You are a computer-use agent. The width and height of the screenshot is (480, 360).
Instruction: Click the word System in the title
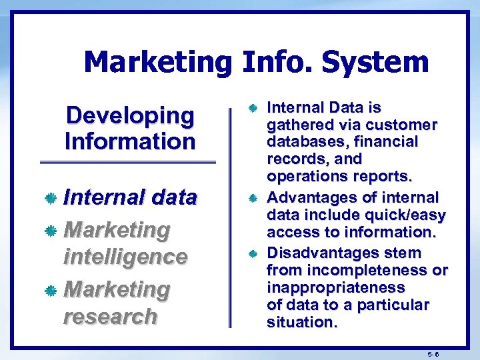[375, 62]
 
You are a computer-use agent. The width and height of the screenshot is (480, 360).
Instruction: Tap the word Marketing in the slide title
[158, 62]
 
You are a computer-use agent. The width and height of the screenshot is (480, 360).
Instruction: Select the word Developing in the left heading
[130, 115]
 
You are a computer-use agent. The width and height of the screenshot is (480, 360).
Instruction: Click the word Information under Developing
[130, 141]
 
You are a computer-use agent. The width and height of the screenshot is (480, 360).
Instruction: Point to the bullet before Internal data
[50, 198]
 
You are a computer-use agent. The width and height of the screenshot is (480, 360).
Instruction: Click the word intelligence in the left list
[125, 257]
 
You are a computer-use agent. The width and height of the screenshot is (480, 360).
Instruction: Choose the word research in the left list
[110, 316]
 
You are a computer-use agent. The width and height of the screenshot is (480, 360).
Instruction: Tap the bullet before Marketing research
[50, 291]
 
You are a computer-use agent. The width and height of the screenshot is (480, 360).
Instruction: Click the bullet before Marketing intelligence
[50, 231]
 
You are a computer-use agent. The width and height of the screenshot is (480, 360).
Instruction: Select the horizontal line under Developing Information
[128, 162]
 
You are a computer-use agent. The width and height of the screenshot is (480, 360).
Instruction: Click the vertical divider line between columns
[231, 213]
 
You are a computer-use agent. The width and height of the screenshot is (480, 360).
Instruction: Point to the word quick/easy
[411, 215]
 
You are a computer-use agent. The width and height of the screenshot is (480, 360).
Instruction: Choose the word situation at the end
[301, 323]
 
